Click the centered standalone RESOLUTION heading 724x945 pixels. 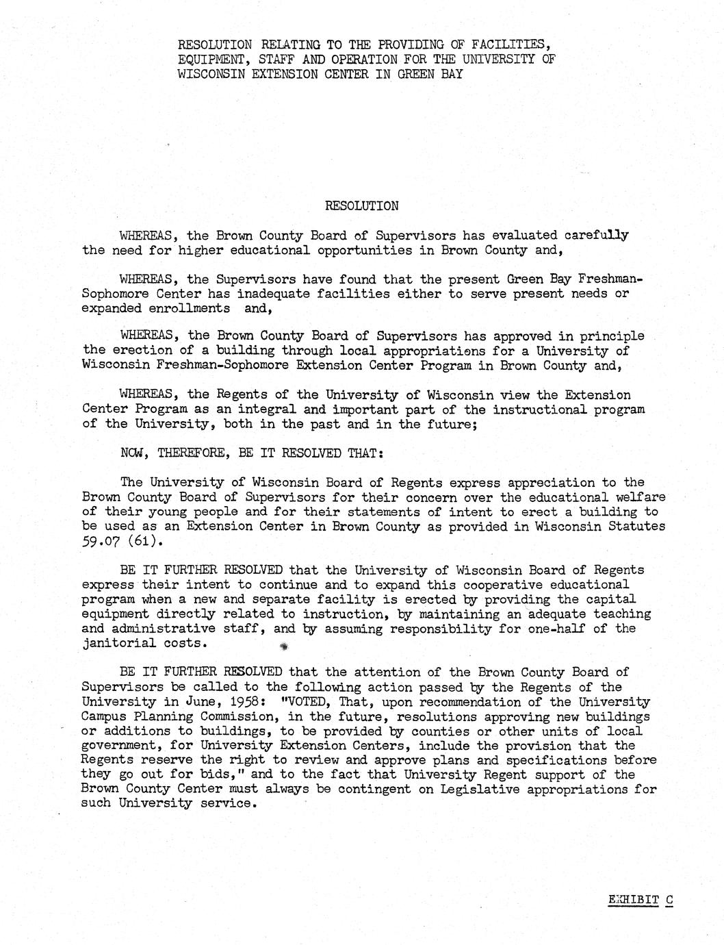pyautogui.click(x=361, y=205)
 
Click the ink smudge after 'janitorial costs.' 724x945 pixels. pyautogui.click(x=283, y=646)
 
